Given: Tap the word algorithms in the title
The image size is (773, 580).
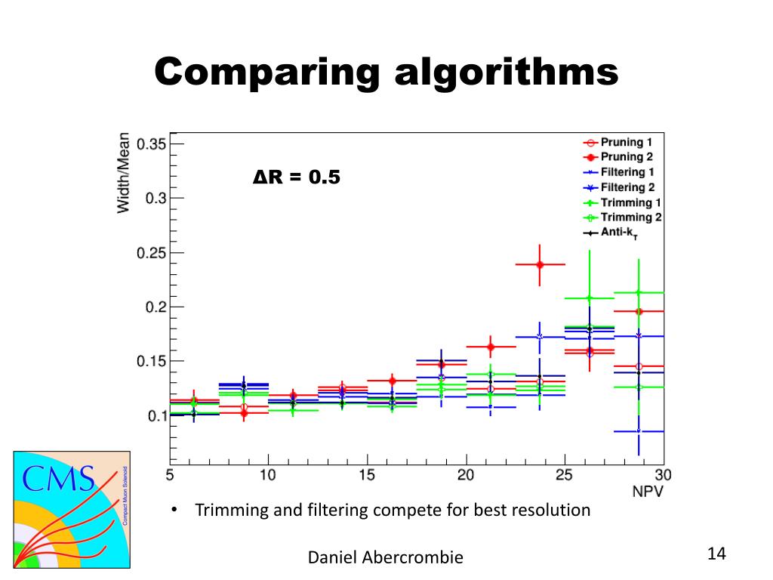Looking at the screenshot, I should [x=507, y=73].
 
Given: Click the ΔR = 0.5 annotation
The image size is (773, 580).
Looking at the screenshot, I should [x=296, y=178].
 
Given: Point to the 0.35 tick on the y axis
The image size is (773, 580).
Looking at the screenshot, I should [x=150, y=144].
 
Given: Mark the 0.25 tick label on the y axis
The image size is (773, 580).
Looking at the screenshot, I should [x=150, y=252].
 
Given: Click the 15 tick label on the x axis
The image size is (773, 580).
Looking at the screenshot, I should [x=367, y=475].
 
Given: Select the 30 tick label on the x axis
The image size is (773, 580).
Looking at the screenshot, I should [x=664, y=475].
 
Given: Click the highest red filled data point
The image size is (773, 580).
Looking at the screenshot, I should [x=540, y=264].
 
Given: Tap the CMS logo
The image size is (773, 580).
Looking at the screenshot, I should [x=72, y=509].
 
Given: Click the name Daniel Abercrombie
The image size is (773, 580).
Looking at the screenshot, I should [x=386, y=558].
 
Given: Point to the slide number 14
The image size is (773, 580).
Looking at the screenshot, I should [x=716, y=554].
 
